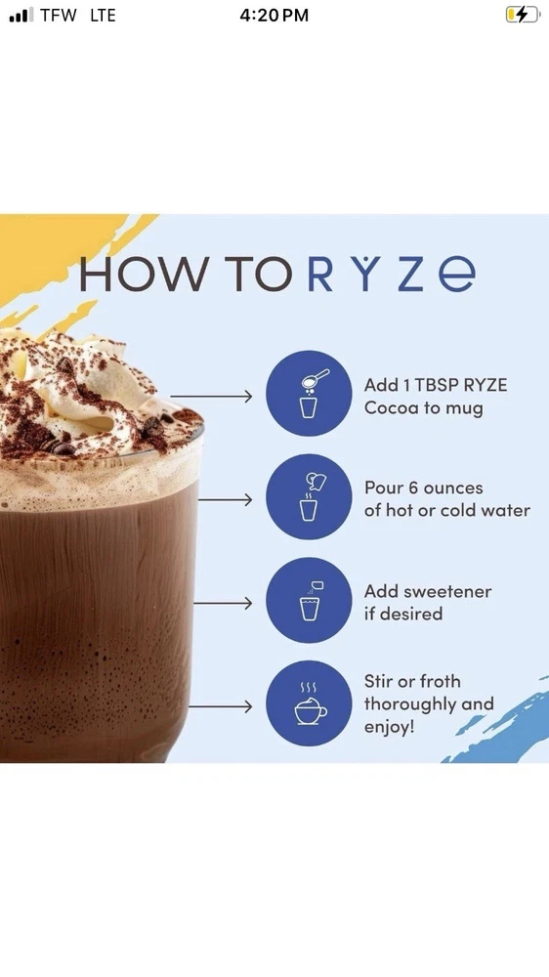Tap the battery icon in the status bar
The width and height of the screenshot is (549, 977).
pyautogui.click(x=523, y=15)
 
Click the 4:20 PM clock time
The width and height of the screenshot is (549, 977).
pyautogui.click(x=274, y=16)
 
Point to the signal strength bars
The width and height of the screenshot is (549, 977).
pyautogui.click(x=21, y=16)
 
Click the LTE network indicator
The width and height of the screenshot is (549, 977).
pyautogui.click(x=103, y=16)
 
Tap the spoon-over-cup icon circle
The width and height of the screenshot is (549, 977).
pyautogui.click(x=309, y=393)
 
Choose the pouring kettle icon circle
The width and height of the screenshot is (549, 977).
pyautogui.click(x=309, y=496)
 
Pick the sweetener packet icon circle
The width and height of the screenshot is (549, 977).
pyautogui.click(x=309, y=600)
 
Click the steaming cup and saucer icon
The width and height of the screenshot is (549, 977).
pyautogui.click(x=309, y=703)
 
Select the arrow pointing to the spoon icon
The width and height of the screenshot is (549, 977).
pyautogui.click(x=211, y=396)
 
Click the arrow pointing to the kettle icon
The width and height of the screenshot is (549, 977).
pyautogui.click(x=225, y=499)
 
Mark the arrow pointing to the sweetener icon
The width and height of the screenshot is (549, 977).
pyautogui.click(x=223, y=603)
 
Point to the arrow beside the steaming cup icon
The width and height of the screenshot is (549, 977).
pyautogui.click(x=221, y=706)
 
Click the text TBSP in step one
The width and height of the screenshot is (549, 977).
pyautogui.click(x=435, y=385)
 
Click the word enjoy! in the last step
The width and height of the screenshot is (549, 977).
pyautogui.click(x=390, y=727)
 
